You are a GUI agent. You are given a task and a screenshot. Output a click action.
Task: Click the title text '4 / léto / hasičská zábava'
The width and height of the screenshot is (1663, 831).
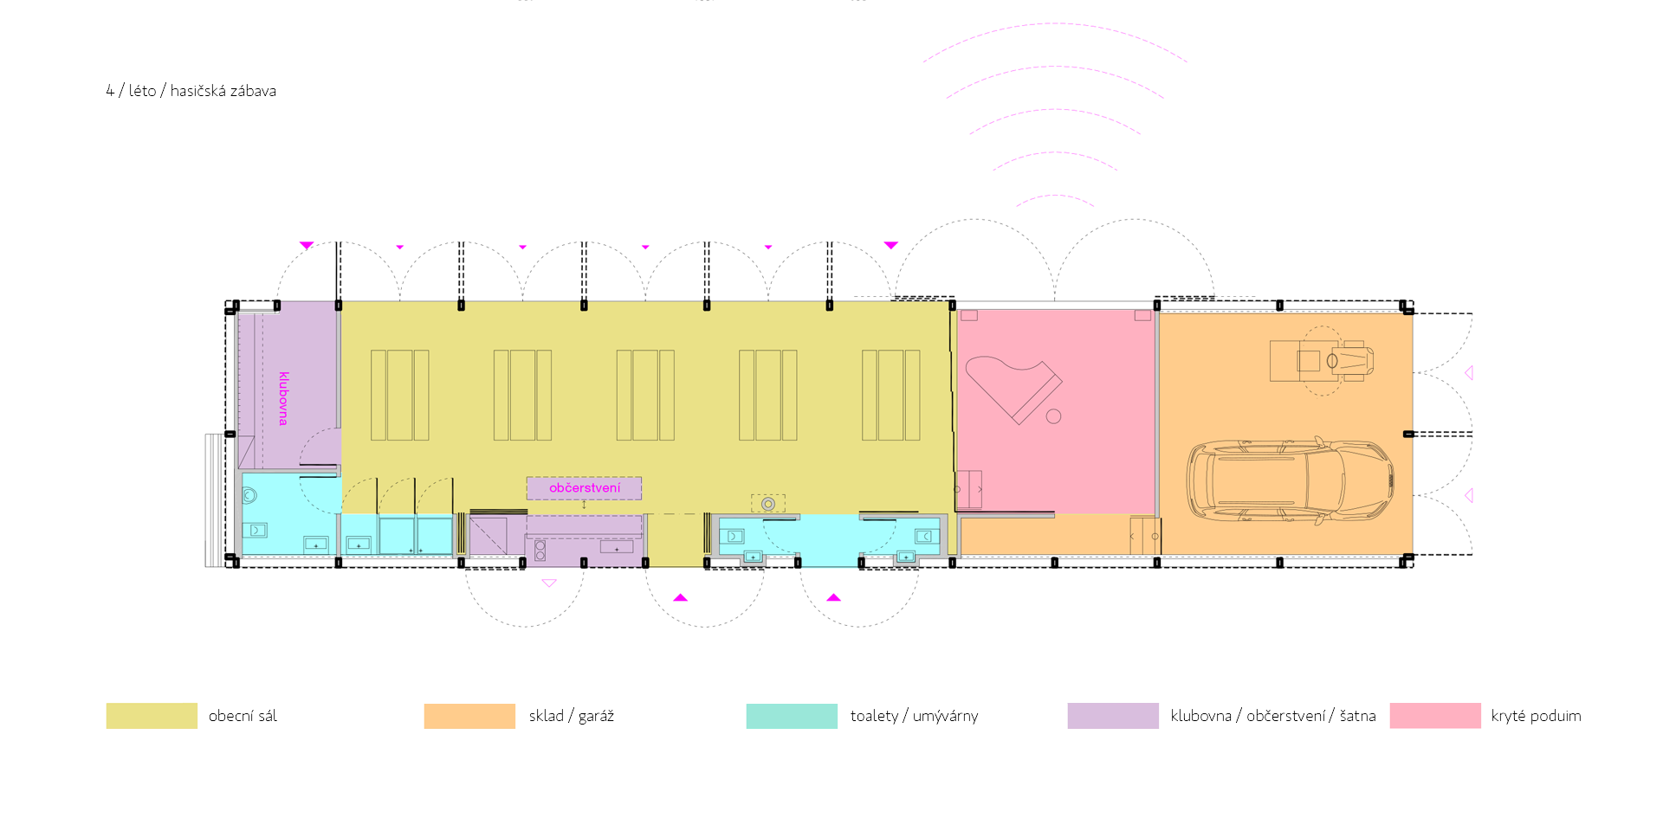[191, 91]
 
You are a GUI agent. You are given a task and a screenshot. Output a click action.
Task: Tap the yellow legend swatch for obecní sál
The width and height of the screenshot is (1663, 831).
[152, 716]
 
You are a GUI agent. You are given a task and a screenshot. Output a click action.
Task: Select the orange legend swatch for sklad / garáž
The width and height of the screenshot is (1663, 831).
[469, 716]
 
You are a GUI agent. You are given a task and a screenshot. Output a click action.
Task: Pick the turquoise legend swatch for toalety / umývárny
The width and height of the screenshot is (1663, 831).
[792, 716]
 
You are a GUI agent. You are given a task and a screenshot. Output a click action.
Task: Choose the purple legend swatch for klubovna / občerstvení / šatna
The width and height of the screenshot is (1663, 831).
[1113, 716]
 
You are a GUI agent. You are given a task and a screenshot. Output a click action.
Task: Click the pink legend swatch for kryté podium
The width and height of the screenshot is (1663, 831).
[1435, 716]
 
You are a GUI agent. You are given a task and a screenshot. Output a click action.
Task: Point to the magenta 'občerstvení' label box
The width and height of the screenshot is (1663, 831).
[585, 488]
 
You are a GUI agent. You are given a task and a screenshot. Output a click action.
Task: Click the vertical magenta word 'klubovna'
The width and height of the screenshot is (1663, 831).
[284, 398]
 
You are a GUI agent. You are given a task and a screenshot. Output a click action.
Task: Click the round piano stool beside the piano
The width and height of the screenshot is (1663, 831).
[1053, 416]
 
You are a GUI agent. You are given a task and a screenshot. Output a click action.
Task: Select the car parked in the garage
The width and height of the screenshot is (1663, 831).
[1290, 481]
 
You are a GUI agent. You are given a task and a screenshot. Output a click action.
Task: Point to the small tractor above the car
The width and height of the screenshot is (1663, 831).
[1322, 360]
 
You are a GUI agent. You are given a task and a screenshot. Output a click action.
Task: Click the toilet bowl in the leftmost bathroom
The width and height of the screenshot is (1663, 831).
[249, 496]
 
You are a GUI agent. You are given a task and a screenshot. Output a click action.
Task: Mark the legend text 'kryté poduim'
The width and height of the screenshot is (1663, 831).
[1536, 716]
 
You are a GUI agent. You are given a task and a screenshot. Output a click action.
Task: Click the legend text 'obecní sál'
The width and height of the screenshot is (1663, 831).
[243, 716]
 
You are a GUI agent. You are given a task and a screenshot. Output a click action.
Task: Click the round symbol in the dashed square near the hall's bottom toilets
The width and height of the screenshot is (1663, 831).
[767, 504]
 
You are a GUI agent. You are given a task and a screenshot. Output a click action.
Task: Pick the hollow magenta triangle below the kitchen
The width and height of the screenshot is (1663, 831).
[548, 583]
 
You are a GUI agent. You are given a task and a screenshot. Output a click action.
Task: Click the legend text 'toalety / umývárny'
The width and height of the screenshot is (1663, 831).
[914, 716]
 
